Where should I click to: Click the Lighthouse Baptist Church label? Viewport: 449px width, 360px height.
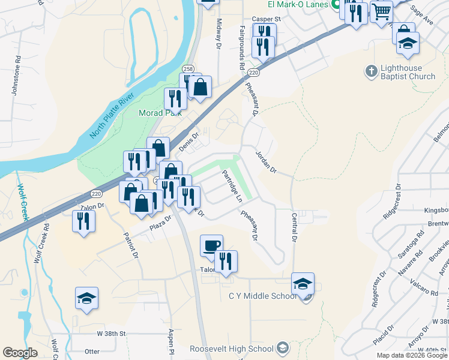point(409,72)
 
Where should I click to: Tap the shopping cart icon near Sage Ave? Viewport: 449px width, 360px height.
point(381,11)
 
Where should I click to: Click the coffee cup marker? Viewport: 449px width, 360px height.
point(211,245)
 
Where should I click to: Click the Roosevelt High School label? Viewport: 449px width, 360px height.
point(232,349)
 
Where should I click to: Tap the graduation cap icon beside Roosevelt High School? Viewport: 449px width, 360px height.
point(282,349)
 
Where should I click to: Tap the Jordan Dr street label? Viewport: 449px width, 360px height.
point(265,162)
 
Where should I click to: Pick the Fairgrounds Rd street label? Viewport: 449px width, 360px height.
point(243,48)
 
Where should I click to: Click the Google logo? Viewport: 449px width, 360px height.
point(20,353)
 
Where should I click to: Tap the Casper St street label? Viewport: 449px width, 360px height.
point(266,19)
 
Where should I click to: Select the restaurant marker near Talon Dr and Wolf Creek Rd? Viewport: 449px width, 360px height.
point(84,221)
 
